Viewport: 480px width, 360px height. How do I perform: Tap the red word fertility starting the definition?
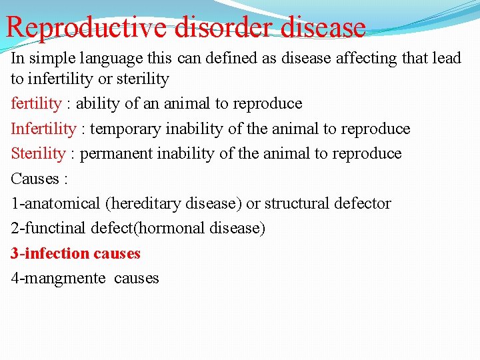[x=37, y=104]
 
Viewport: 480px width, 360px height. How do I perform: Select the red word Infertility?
[x=43, y=129]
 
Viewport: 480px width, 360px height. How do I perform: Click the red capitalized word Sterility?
[x=39, y=153]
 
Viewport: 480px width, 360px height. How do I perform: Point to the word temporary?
[x=126, y=129]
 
